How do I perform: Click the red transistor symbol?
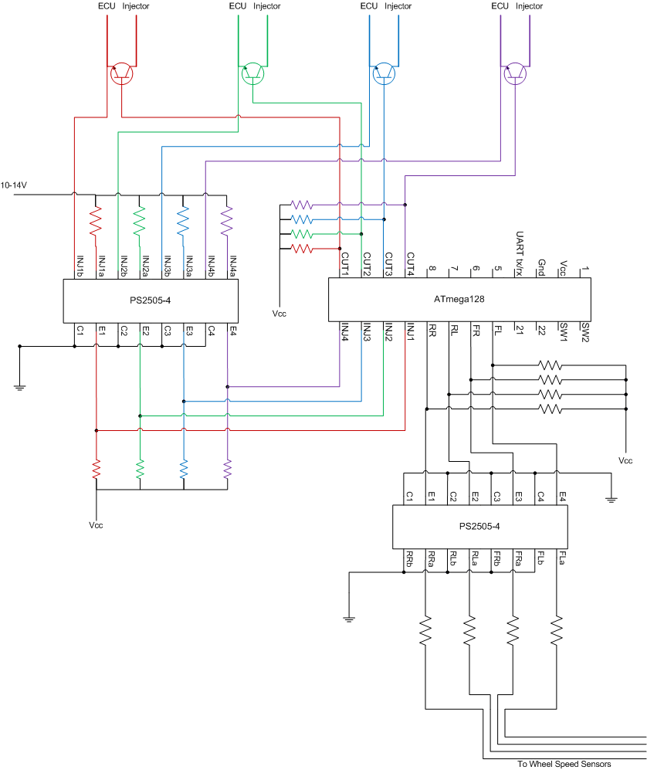pos(122,73)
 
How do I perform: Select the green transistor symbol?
pos(252,73)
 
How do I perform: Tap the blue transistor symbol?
pos(384,73)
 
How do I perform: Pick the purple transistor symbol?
pos(515,73)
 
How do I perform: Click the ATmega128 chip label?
pos(459,299)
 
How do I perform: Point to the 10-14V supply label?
pos(14,185)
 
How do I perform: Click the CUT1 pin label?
pos(345,264)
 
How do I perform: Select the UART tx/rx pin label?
pos(520,254)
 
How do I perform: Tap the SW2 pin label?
pos(585,332)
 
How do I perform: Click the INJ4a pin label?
pos(233,266)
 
